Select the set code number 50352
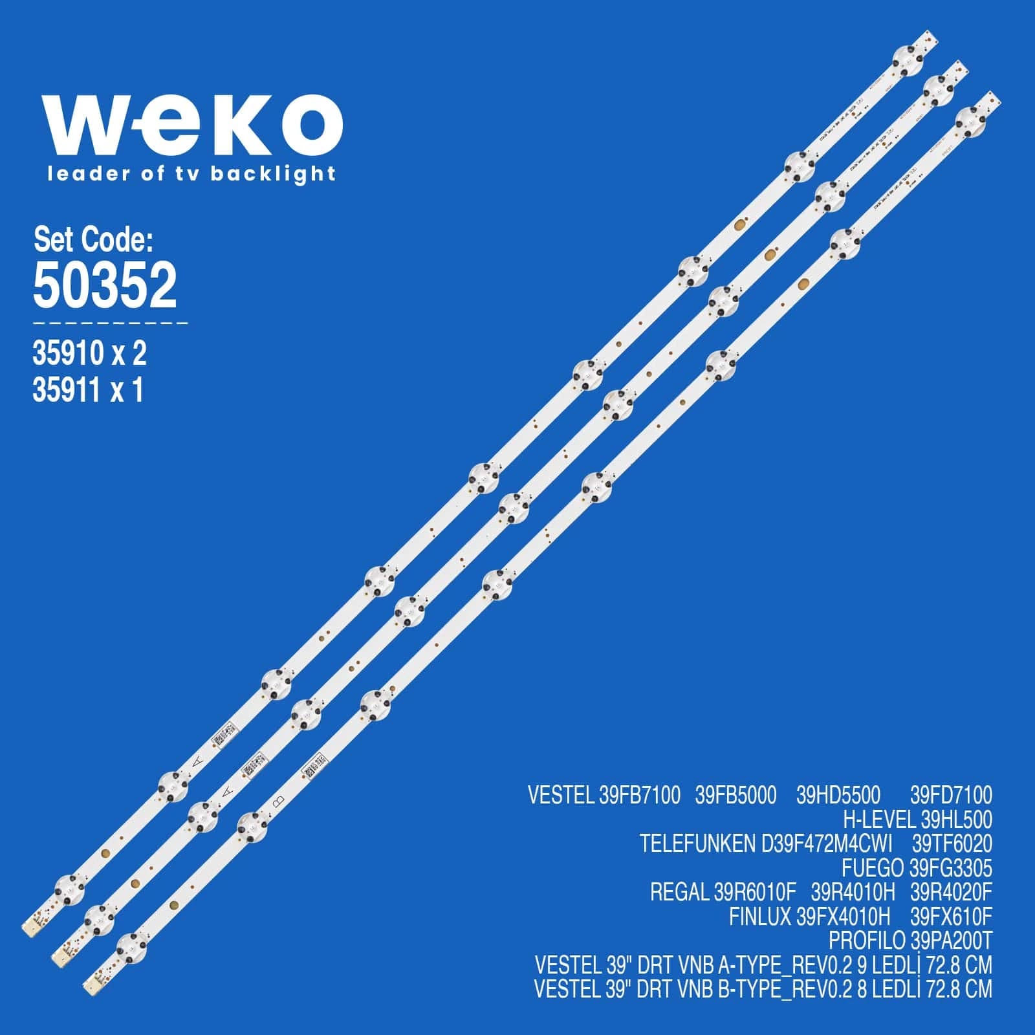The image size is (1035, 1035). (x=105, y=285)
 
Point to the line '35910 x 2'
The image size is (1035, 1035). (x=89, y=354)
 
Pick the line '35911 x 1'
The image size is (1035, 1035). (x=87, y=391)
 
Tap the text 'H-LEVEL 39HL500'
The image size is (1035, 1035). (x=917, y=820)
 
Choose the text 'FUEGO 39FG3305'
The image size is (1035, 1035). (x=917, y=868)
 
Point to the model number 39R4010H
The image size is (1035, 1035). (x=853, y=893)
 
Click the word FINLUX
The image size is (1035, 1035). (x=760, y=917)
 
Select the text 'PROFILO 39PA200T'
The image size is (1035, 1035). (x=910, y=941)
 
